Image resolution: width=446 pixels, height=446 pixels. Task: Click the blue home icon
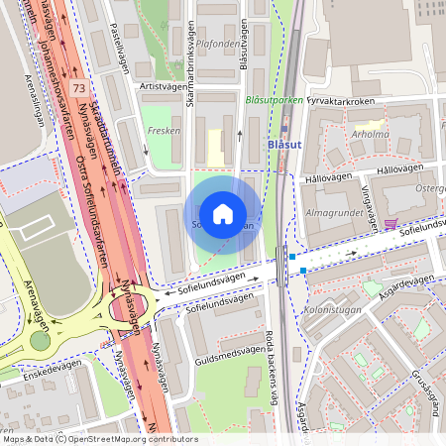(x=223, y=214)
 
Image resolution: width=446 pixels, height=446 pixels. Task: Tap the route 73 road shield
(x=76, y=88)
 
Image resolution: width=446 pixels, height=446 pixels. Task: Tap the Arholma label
(x=370, y=133)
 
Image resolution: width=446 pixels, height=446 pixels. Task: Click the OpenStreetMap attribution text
(x=99, y=439)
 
